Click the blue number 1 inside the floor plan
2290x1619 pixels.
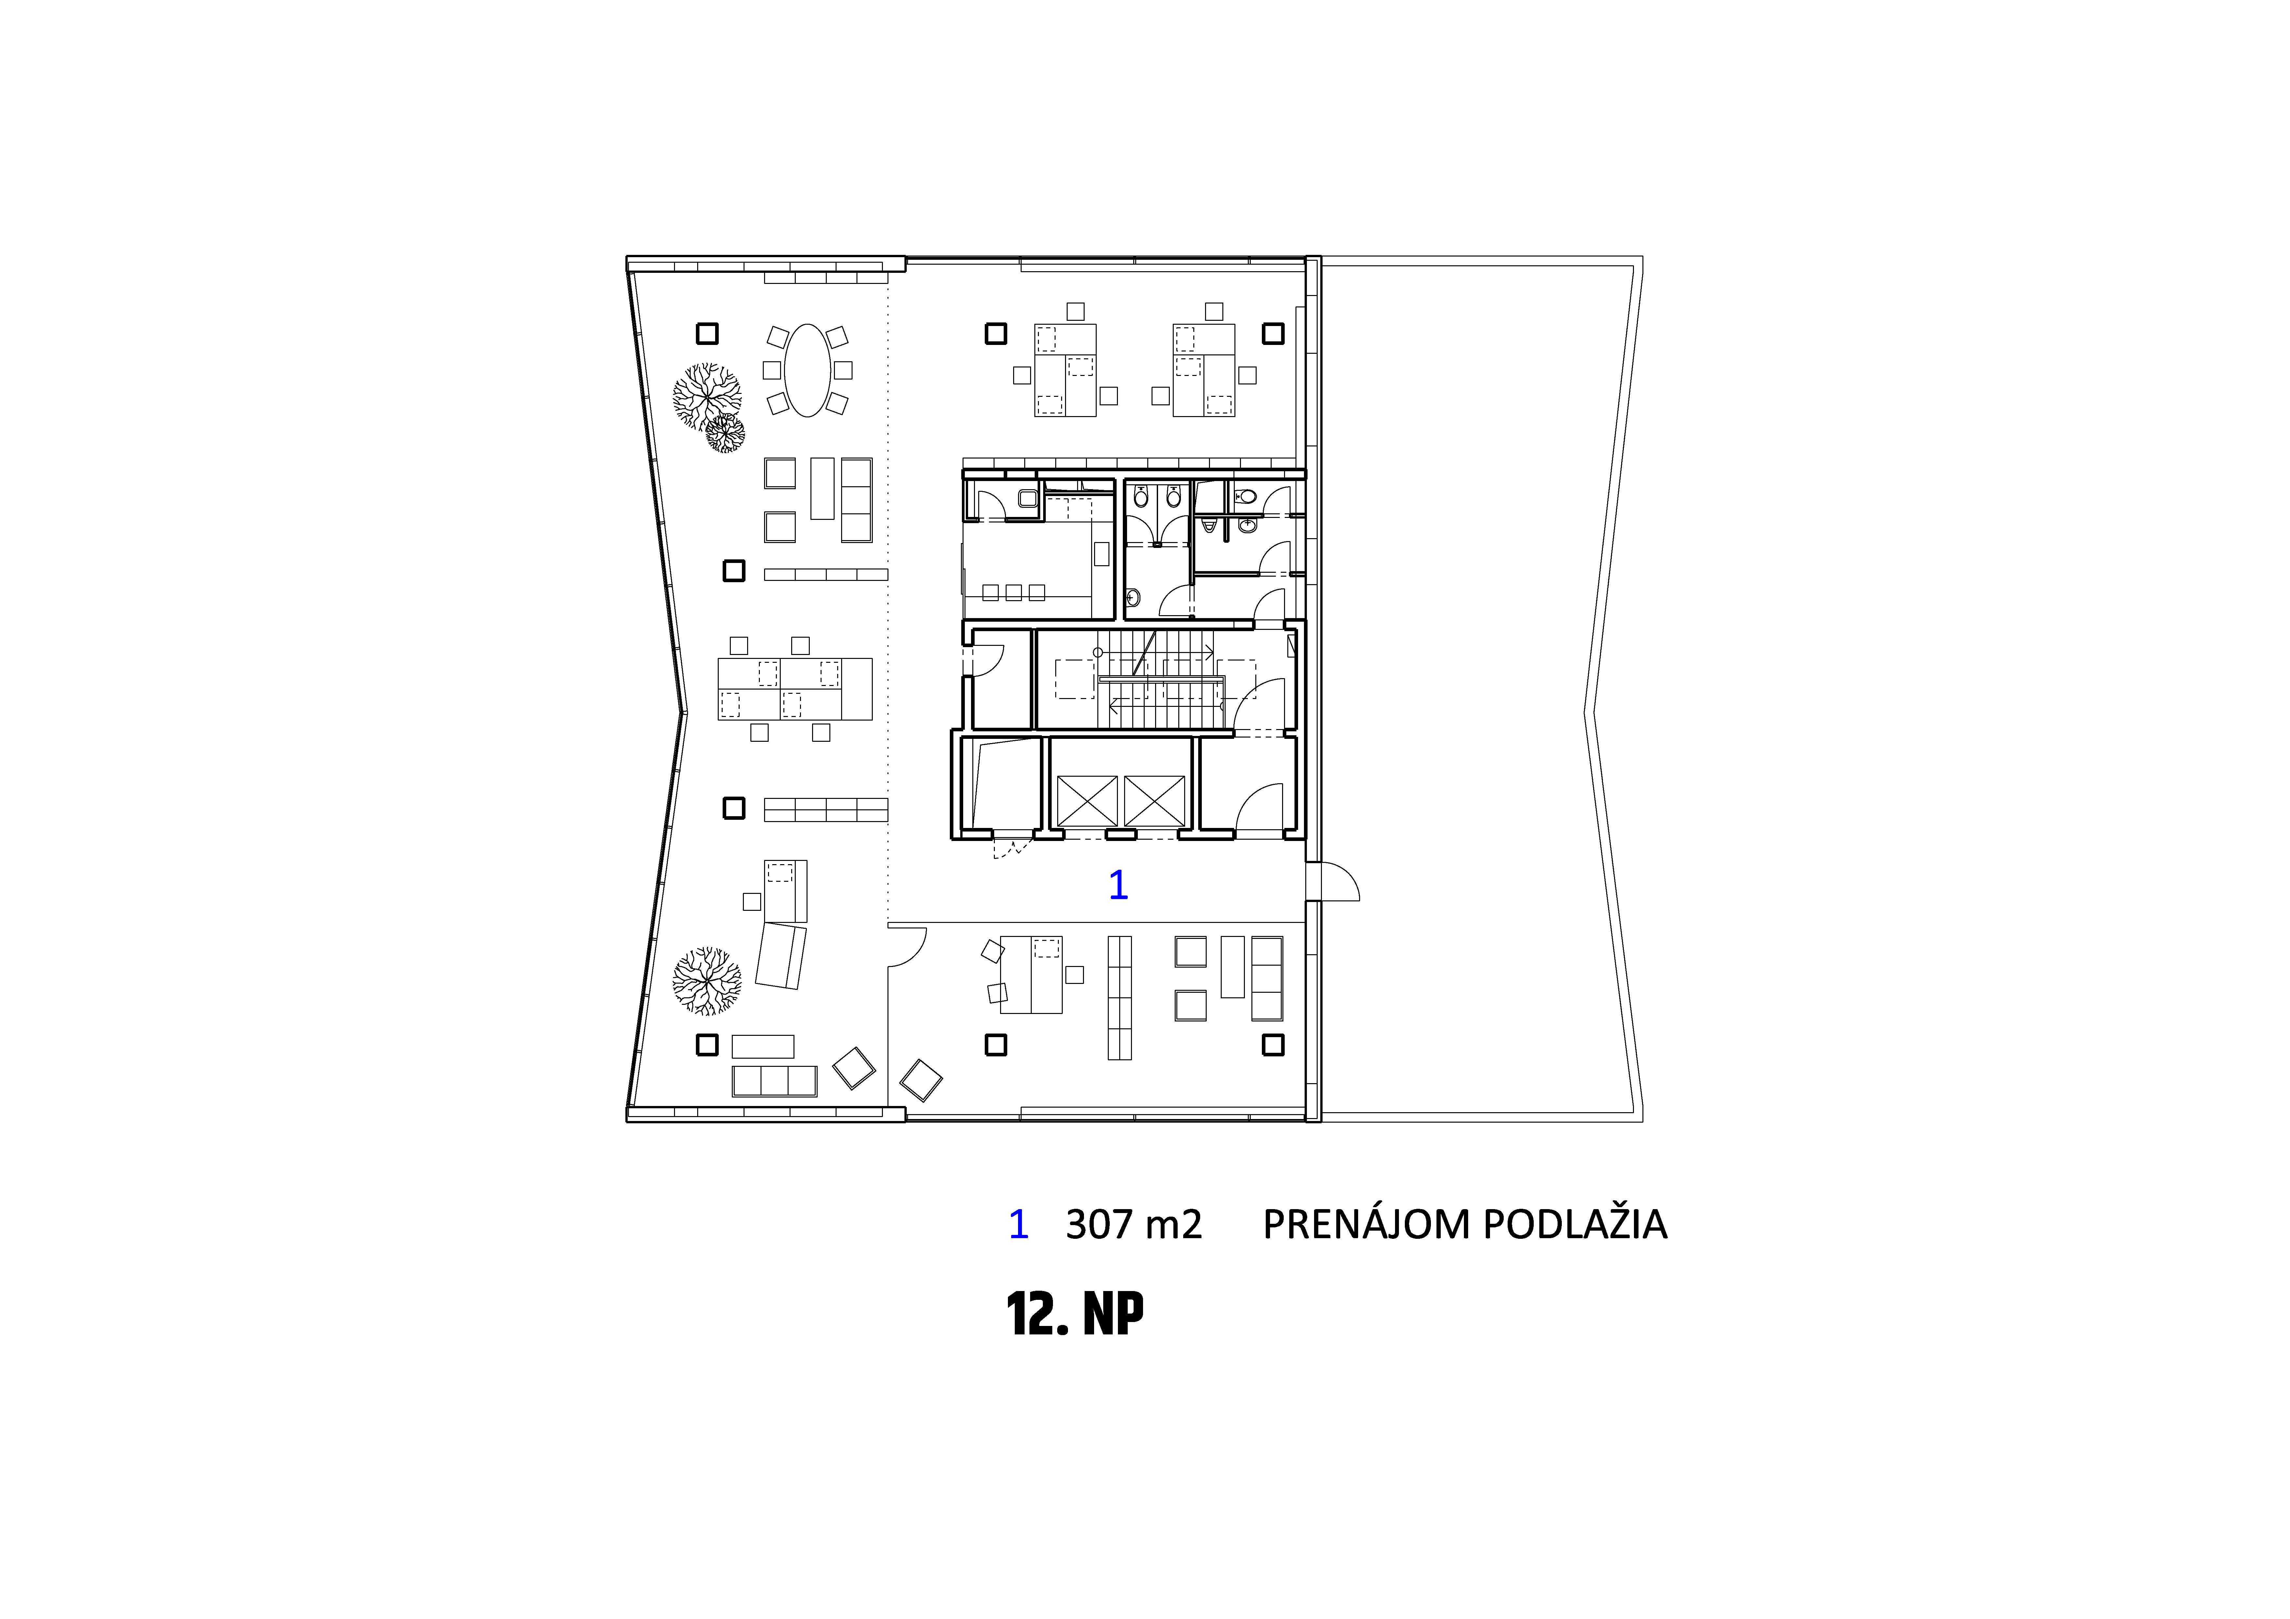1118,885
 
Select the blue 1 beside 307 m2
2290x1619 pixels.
1018,1224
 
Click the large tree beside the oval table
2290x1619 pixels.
706,396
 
